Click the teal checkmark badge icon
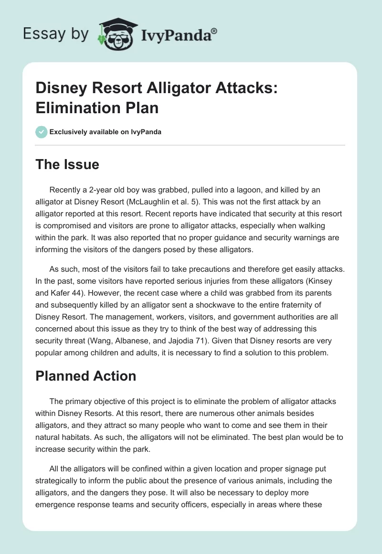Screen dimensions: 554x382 pos(42,132)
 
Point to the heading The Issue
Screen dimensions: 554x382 pos(68,164)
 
